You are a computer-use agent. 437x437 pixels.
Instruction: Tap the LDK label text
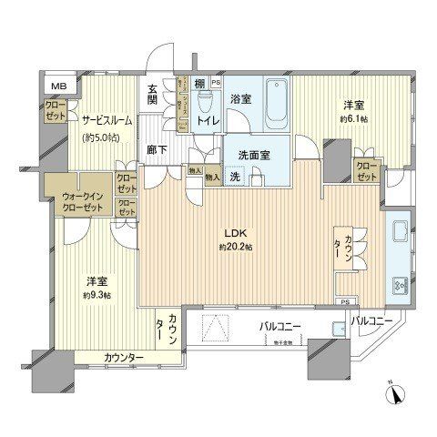click(x=225, y=232)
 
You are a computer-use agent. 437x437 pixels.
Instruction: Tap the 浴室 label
click(x=241, y=97)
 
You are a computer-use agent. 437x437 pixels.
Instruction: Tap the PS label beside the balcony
click(x=344, y=301)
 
